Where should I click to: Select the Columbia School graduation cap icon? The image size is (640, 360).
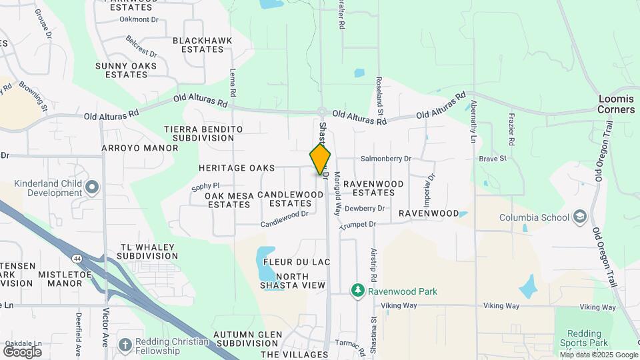click(x=580, y=217)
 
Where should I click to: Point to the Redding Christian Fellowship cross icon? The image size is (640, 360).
click(x=125, y=344)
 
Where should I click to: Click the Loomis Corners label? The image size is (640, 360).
click(x=616, y=104)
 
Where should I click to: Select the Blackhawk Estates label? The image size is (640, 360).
click(x=203, y=45)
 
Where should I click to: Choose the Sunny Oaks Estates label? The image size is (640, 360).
click(x=126, y=70)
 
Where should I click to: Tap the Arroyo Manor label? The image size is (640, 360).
click(x=132, y=147)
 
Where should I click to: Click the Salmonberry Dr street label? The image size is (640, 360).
click(x=386, y=159)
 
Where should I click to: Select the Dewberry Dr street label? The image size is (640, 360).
click(x=365, y=209)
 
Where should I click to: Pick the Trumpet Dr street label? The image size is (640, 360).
click(x=357, y=226)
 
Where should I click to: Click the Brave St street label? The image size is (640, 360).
click(x=493, y=159)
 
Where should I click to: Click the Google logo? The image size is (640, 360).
click(x=23, y=351)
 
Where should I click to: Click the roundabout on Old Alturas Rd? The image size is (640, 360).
click(x=321, y=111)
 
